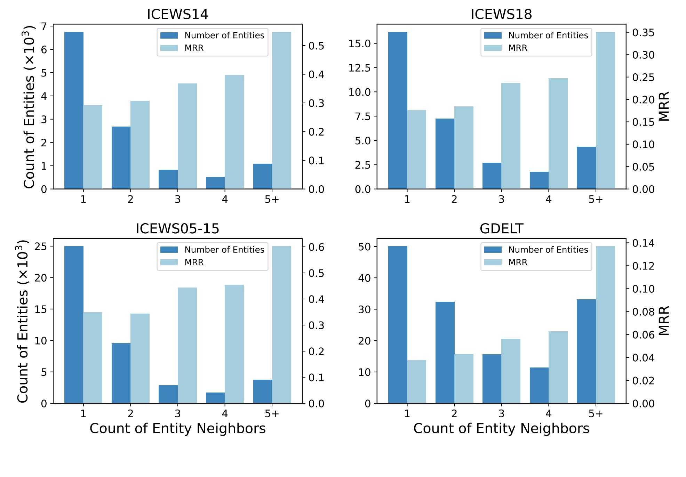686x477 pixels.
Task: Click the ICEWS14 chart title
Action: (177, 14)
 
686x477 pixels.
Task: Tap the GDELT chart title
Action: (501, 229)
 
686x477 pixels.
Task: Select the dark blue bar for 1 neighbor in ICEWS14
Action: (74, 111)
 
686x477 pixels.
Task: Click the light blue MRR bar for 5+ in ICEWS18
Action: (605, 111)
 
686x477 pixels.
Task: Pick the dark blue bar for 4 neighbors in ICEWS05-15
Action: (215, 398)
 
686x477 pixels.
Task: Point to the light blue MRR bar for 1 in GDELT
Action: (416, 382)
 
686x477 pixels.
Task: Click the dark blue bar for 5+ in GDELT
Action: (586, 351)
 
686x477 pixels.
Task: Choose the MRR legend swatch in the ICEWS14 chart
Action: (169, 48)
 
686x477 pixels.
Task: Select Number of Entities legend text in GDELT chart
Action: (548, 250)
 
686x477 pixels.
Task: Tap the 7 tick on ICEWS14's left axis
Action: (44, 26)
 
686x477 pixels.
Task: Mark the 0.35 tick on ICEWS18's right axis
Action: (643, 33)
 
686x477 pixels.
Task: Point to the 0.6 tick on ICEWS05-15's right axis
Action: (316, 247)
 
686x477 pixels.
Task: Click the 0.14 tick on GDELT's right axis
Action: (643, 243)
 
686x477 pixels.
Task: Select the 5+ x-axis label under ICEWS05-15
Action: (272, 414)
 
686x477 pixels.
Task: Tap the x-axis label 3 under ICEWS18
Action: (501, 200)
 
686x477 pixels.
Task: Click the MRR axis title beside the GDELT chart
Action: (664, 321)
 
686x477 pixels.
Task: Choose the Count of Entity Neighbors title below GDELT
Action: (501, 429)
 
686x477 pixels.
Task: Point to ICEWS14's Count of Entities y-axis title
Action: (30, 107)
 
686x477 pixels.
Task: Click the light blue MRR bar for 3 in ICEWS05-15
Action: (187, 345)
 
